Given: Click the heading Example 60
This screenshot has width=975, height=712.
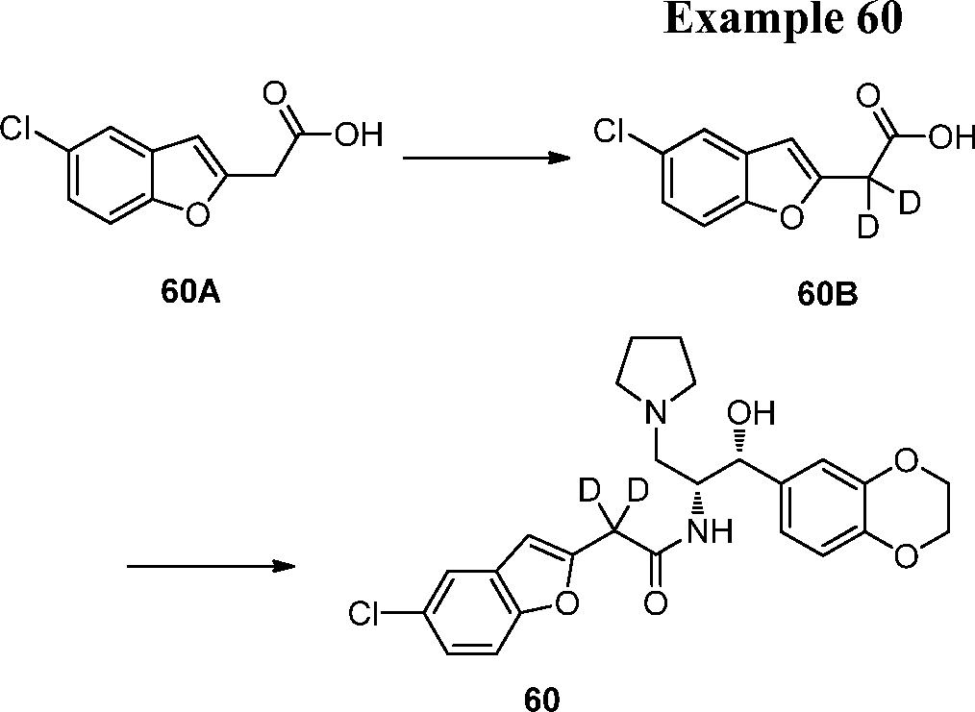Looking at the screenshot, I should click(783, 20).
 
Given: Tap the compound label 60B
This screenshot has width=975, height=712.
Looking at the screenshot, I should click(827, 295).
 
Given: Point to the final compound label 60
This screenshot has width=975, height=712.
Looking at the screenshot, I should click(541, 699).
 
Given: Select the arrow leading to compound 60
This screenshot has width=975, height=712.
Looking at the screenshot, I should click(211, 566).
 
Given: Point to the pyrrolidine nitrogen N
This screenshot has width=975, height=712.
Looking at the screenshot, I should click(655, 415).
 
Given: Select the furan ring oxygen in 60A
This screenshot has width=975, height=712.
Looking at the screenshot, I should click(196, 215).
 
